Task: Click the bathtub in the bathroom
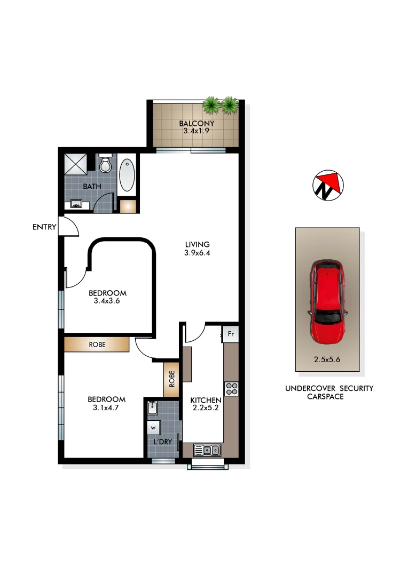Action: pyautogui.click(x=127, y=175)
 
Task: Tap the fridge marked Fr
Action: pyautogui.click(x=231, y=334)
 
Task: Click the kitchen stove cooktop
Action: pyautogui.click(x=231, y=389)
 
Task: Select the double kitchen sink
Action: pyautogui.click(x=207, y=450)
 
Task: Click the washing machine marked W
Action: pyautogui.click(x=153, y=428)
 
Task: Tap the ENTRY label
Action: pyautogui.click(x=44, y=227)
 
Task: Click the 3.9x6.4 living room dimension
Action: pyautogui.click(x=197, y=253)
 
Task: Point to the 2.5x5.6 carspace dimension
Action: pyautogui.click(x=326, y=359)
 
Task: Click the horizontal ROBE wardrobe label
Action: pyautogui.click(x=97, y=345)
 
